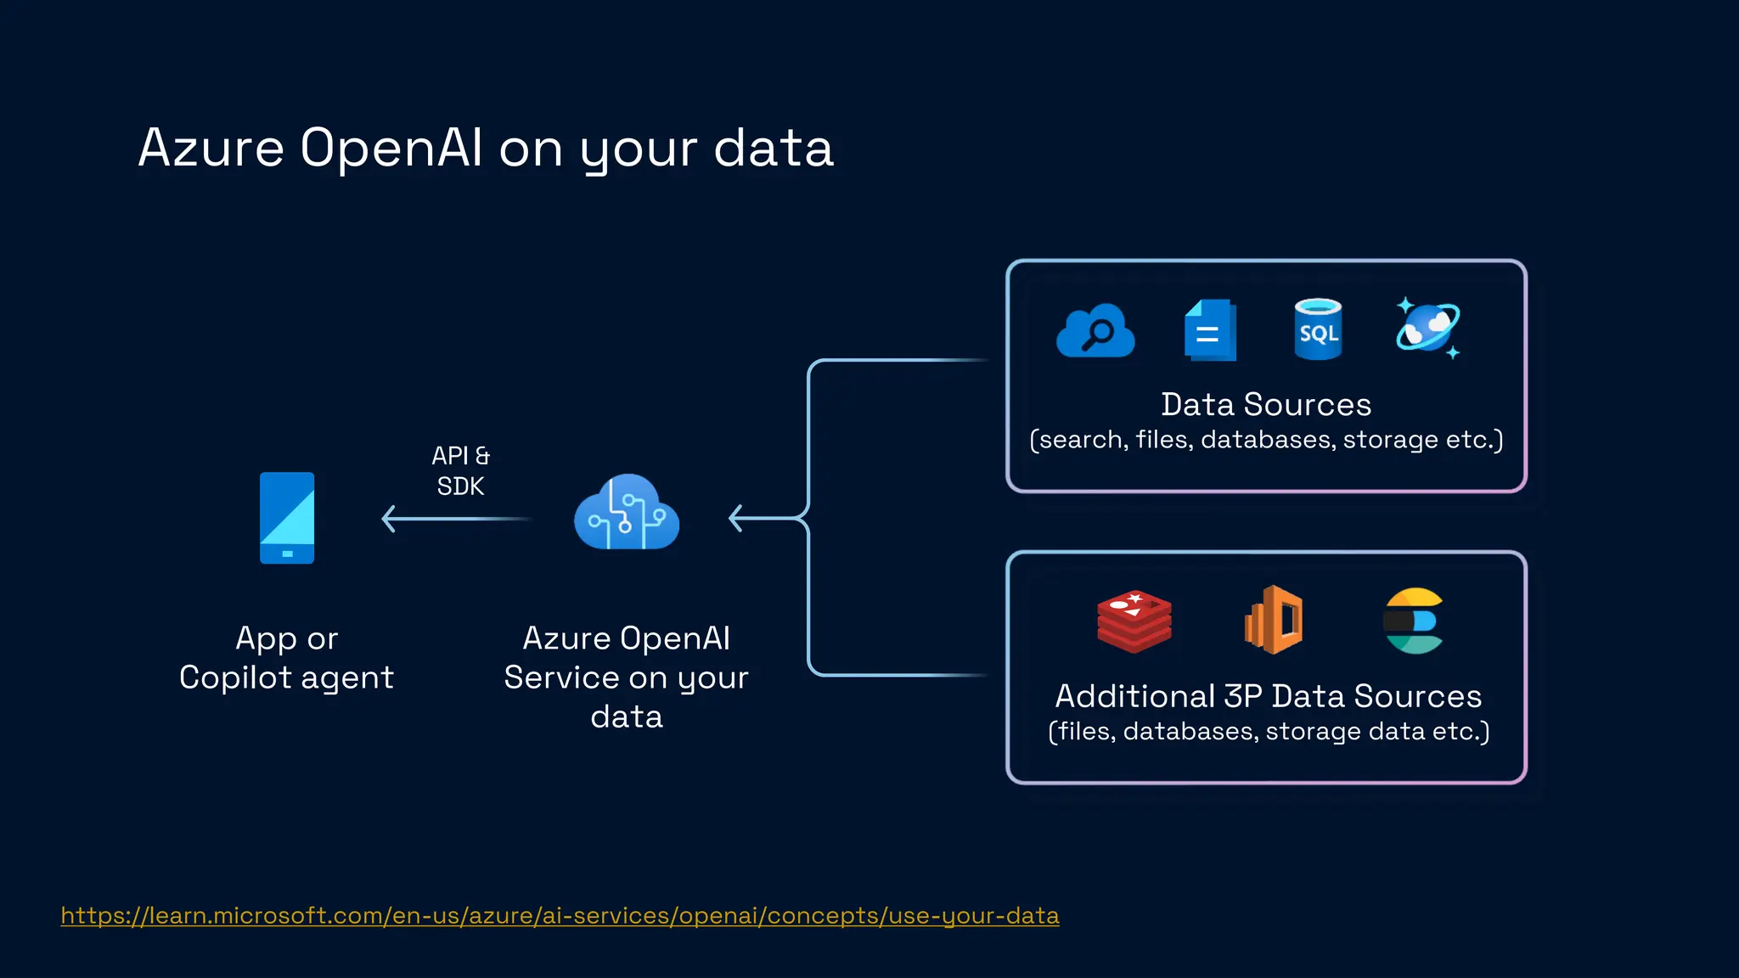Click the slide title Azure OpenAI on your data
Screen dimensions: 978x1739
coord(486,148)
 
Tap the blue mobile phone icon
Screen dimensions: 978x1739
coord(287,518)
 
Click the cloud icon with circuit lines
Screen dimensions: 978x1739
coord(627,513)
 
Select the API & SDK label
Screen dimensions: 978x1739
coord(460,470)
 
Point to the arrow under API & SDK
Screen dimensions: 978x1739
coord(457,519)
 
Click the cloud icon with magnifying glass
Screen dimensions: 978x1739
coord(1095,330)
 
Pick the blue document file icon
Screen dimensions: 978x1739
coord(1210,330)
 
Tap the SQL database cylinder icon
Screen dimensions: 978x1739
coord(1318,329)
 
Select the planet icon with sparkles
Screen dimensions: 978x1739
coord(1428,328)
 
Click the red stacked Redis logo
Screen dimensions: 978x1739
coord(1134,621)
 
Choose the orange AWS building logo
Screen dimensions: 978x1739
coord(1274,620)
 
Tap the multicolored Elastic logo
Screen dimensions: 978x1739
coord(1413,621)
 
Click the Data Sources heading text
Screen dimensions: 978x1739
coord(1266,404)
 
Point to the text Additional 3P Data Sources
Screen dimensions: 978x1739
coord(1268,696)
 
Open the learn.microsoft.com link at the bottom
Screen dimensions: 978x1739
coord(560,915)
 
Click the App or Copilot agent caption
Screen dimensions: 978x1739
coord(287,658)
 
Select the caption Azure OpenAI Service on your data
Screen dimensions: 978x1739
coord(627,677)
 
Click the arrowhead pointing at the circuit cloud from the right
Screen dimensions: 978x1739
coord(736,518)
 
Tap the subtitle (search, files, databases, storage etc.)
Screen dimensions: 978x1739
coord(1266,440)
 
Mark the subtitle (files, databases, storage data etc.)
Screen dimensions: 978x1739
coord(1269,731)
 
